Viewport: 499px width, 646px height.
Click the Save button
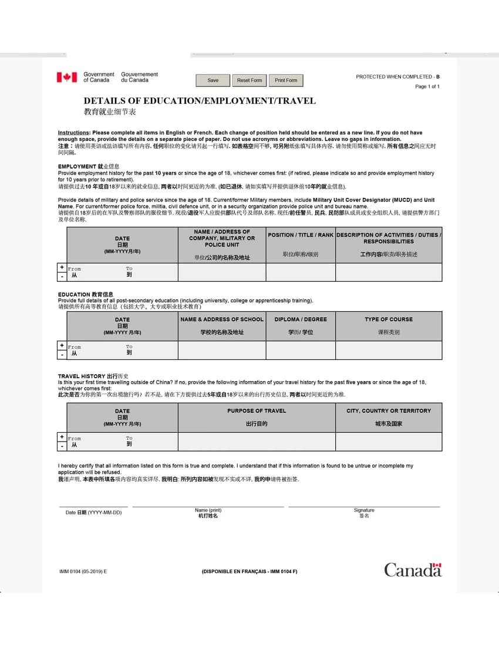pyautogui.click(x=213, y=80)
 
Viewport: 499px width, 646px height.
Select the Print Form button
pyautogui.click(x=286, y=80)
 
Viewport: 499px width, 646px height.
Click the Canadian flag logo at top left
pyautogui.click(x=67, y=78)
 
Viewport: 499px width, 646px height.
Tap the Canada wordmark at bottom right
pyautogui.click(x=413, y=570)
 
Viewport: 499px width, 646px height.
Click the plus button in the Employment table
pyautogui.click(x=62, y=268)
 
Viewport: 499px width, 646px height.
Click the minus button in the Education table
pyautogui.click(x=62, y=355)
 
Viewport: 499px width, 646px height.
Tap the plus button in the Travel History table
pyautogui.click(x=62, y=437)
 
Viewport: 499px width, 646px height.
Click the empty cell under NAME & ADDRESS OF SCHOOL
pyautogui.click(x=222, y=350)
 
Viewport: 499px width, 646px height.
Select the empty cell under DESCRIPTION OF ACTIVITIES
pyautogui.click(x=389, y=272)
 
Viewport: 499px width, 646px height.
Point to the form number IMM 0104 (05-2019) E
pyautogui.click(x=83, y=571)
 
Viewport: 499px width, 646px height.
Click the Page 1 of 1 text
pyautogui.click(x=427, y=87)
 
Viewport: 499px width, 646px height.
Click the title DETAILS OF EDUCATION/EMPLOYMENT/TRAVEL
pyautogui.click(x=200, y=101)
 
